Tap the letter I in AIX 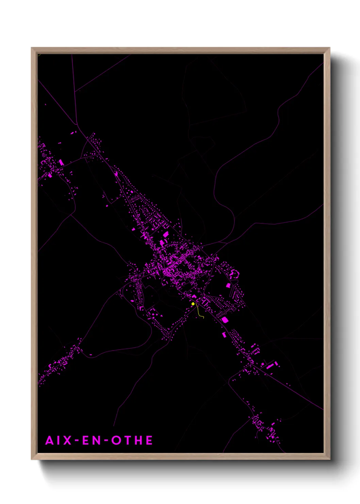pyautogui.click(x=59, y=440)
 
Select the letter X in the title pyautogui.click(x=67, y=440)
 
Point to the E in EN pyautogui.click(x=86, y=440)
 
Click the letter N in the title pyautogui.click(x=97, y=440)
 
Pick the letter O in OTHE pyautogui.click(x=116, y=440)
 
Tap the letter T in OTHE pyautogui.click(x=127, y=440)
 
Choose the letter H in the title pyautogui.click(x=138, y=440)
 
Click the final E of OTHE pyautogui.click(x=149, y=440)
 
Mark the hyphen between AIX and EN pyautogui.click(x=76, y=441)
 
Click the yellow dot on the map pyautogui.click(x=193, y=304)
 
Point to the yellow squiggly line pyautogui.click(x=200, y=313)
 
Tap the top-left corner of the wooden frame pyautogui.click(x=32, y=48)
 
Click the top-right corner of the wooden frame pyautogui.click(x=329, y=48)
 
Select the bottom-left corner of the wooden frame pyautogui.click(x=32, y=459)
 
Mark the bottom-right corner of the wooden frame pyautogui.click(x=329, y=459)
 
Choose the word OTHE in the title pyautogui.click(x=132, y=440)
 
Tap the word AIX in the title pyautogui.click(x=59, y=440)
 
